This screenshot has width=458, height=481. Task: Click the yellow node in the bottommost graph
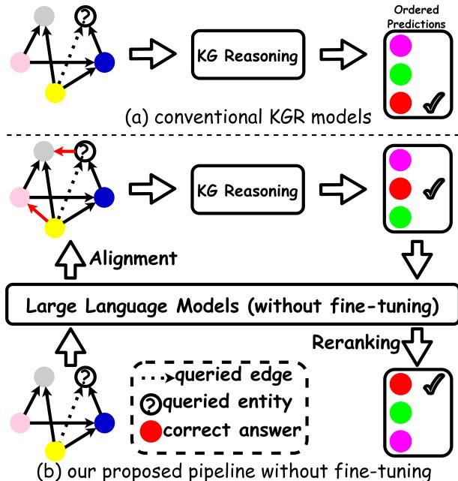55,449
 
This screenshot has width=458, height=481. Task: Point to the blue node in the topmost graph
105,63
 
